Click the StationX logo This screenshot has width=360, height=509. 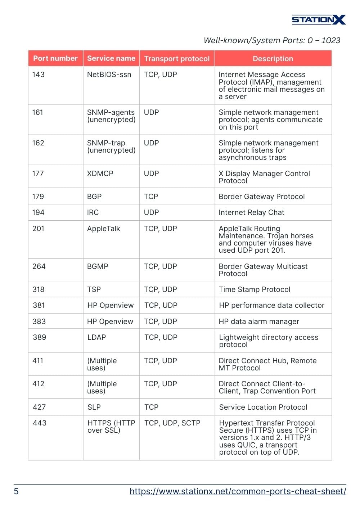(319, 19)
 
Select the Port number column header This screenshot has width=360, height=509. (55, 58)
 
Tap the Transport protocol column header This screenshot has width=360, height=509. (177, 59)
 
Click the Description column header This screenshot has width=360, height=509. (273, 59)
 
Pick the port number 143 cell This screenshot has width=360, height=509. (39, 75)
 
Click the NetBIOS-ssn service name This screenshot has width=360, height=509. (109, 75)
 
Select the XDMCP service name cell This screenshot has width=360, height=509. (100, 174)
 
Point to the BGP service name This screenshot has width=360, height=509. (94, 197)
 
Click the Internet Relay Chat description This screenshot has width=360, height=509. (251, 212)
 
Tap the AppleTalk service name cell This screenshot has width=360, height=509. (104, 229)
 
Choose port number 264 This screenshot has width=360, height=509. (39, 266)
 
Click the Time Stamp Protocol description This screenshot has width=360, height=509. (255, 289)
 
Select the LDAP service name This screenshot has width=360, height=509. (96, 337)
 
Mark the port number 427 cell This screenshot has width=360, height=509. (39, 407)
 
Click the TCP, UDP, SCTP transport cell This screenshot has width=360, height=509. (172, 423)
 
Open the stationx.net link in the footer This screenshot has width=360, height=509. (238, 491)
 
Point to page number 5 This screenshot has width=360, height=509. (16, 491)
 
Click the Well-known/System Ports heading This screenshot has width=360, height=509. (272, 40)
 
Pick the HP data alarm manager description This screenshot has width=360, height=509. (259, 321)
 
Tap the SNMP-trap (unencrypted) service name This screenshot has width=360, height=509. (111, 147)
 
